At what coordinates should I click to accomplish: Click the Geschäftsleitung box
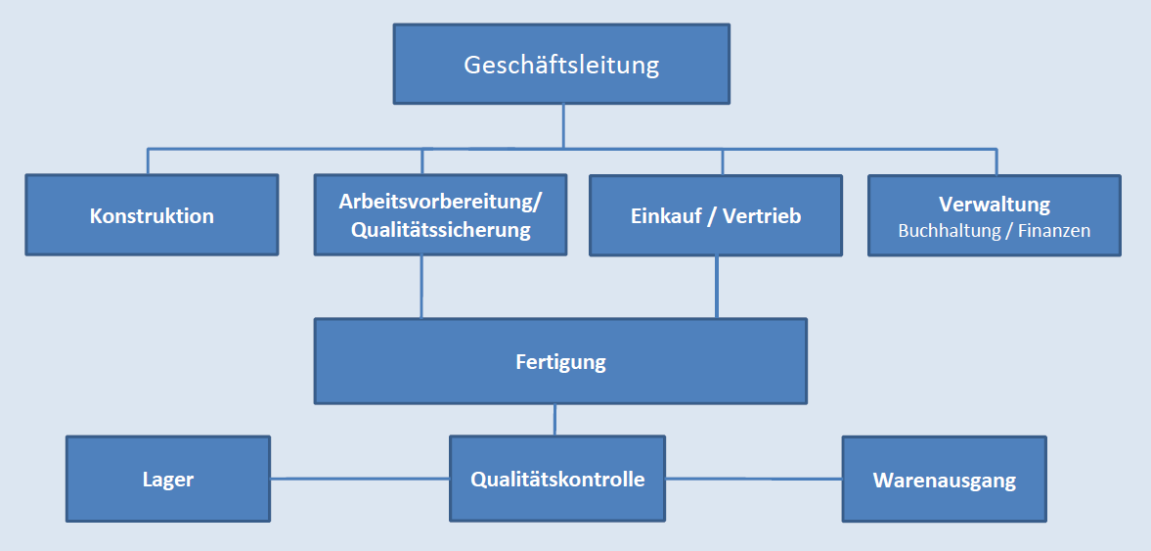pyautogui.click(x=561, y=65)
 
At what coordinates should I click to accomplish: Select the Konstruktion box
pyautogui.click(x=152, y=215)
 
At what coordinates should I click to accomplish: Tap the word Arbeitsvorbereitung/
pyautogui.click(x=440, y=203)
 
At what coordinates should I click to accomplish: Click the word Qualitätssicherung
pyautogui.click(x=440, y=230)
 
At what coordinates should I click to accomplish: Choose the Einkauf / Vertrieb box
pyautogui.click(x=716, y=215)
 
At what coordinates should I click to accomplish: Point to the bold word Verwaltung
pyautogui.click(x=995, y=205)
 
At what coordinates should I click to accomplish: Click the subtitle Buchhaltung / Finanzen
pyautogui.click(x=995, y=232)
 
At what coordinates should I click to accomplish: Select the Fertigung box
pyautogui.click(x=560, y=361)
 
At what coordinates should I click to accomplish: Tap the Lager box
pyautogui.click(x=167, y=480)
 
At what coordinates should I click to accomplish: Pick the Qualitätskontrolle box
pyautogui.click(x=557, y=480)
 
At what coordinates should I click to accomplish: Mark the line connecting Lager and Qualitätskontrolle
pyautogui.click(x=359, y=479)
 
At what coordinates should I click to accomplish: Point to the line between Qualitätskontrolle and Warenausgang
pyautogui.click(x=753, y=479)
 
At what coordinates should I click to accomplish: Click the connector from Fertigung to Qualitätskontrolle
pyautogui.click(x=555, y=420)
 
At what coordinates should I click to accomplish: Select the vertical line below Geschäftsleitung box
pyautogui.click(x=563, y=125)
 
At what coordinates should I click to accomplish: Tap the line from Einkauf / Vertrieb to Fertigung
pyautogui.click(x=717, y=287)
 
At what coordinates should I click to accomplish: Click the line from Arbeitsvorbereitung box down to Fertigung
pyautogui.click(x=421, y=287)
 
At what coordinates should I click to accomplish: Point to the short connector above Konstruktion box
pyautogui.click(x=149, y=161)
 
